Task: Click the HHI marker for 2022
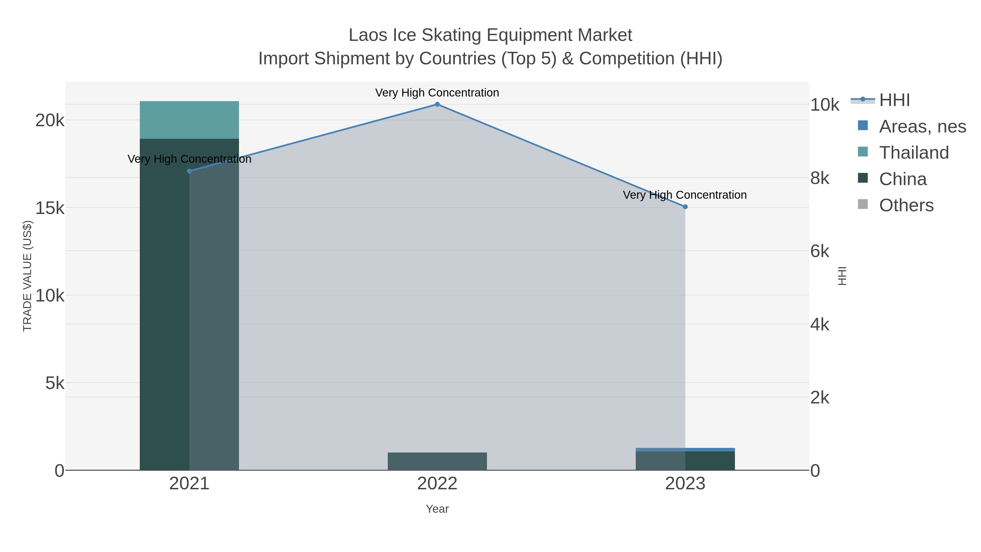[437, 104]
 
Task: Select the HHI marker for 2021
[189, 171]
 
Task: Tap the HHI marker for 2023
[685, 207]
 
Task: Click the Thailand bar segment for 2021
[189, 120]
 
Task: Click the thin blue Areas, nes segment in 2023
[685, 450]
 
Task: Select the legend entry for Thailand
[914, 153]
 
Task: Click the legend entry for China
[903, 179]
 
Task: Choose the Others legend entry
[906, 205]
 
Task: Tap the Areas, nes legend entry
[922, 126]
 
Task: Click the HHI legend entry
[894, 100]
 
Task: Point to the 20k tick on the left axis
[50, 121]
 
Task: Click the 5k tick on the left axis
[55, 383]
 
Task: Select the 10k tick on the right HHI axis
[825, 105]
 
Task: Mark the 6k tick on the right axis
[819, 251]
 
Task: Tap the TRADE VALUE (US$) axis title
[28, 276]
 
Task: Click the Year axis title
[437, 509]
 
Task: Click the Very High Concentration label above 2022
[437, 93]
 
